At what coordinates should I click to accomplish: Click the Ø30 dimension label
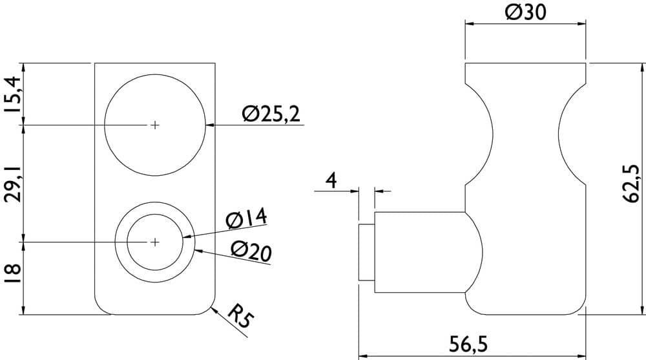tap(525, 12)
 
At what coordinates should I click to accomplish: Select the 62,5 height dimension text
tap(630, 184)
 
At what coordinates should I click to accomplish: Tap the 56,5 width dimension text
tap(468, 344)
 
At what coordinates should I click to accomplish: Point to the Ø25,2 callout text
tap(271, 114)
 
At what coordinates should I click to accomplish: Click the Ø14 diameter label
tap(247, 218)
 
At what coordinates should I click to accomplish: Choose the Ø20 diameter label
tap(251, 251)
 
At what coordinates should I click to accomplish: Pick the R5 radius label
tap(240, 316)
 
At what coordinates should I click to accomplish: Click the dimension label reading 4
tap(331, 180)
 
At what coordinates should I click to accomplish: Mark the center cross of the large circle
tap(154, 125)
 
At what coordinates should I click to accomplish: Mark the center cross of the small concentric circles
tap(154, 242)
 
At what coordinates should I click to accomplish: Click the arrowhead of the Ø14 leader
tap(187, 237)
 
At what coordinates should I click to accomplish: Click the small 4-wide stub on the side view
tap(366, 252)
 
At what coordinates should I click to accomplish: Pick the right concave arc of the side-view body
tap(565, 134)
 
